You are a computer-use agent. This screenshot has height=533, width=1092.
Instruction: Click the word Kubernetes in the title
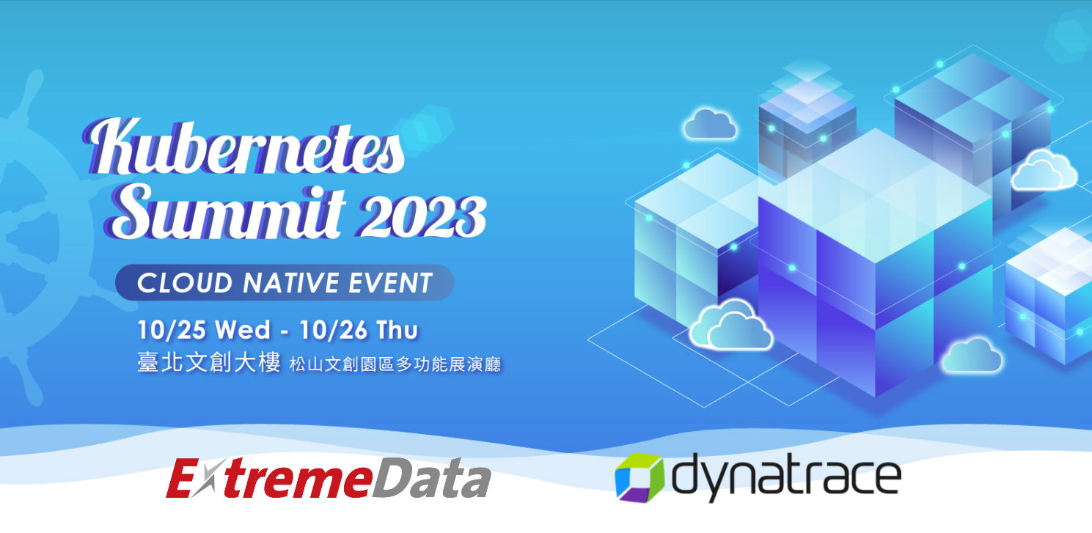243,146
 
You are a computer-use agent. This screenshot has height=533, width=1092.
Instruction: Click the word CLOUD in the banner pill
185,283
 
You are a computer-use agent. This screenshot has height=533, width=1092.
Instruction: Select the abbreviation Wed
242,331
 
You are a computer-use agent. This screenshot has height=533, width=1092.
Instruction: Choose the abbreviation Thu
397,331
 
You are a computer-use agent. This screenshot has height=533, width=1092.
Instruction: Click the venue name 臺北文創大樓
209,362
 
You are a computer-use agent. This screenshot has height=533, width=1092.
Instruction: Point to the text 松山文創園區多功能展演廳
395,364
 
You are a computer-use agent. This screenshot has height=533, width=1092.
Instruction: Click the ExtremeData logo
328,478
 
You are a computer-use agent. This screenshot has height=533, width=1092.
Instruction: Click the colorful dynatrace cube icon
639,477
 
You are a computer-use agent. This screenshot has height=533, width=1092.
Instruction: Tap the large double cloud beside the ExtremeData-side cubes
730,325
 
